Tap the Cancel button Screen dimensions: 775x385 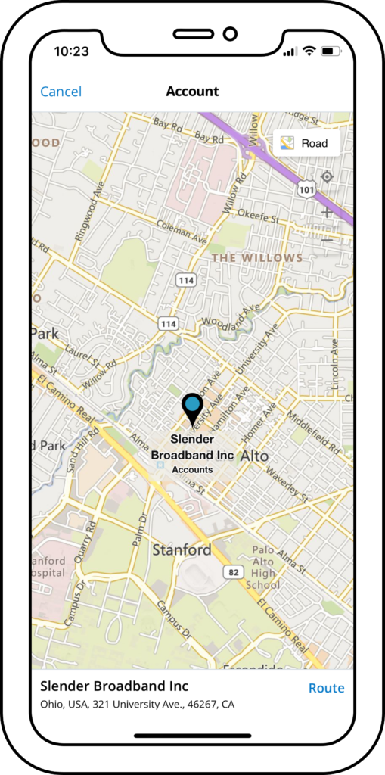point(61,92)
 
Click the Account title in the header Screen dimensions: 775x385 point(192,92)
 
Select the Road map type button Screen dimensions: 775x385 point(306,143)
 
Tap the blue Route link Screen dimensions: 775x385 point(326,688)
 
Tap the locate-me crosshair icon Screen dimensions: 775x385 point(327,176)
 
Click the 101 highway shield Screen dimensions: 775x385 point(306,190)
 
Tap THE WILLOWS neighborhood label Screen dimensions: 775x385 point(257,258)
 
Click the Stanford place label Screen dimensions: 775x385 point(182,550)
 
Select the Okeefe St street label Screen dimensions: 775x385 point(259,214)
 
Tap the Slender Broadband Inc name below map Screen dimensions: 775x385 point(114,686)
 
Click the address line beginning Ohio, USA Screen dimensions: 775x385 point(137,705)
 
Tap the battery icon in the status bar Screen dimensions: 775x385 point(331,51)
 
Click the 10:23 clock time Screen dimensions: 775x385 point(71,51)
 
